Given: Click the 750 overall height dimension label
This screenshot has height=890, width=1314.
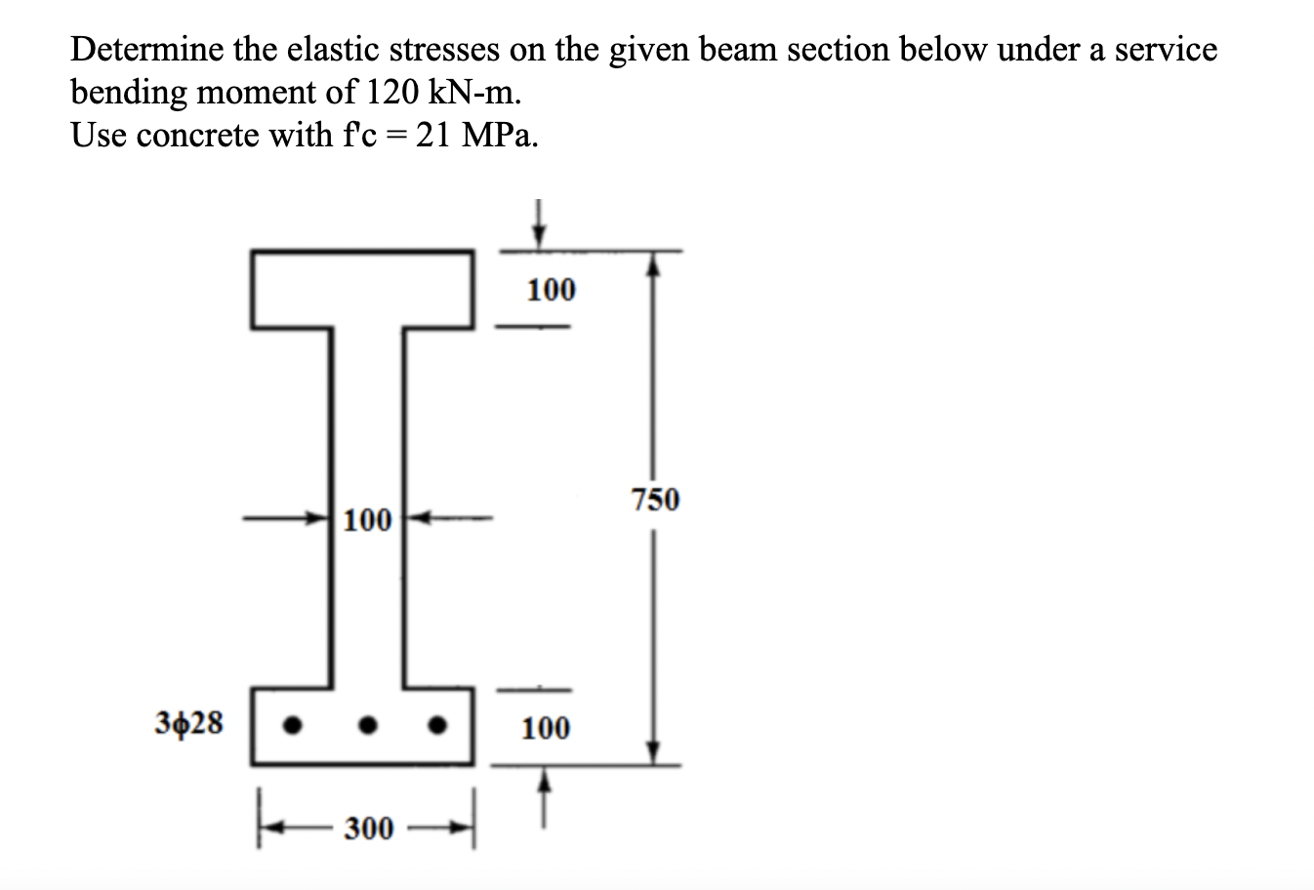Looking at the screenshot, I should pyautogui.click(x=655, y=500).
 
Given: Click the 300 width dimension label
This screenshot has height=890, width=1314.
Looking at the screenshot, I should pyautogui.click(x=369, y=829).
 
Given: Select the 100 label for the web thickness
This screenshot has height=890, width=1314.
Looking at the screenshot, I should pyautogui.click(x=368, y=519).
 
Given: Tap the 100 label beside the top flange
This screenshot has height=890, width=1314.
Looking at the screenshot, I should pyautogui.click(x=552, y=289).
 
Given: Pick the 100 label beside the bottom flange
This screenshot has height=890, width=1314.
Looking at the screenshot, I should pyautogui.click(x=546, y=727).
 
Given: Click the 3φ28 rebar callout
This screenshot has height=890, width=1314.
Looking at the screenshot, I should pyautogui.click(x=189, y=723).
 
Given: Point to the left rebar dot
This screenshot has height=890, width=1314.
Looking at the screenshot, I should pyautogui.click(x=289, y=726).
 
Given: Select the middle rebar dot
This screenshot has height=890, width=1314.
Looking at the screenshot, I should pyautogui.click(x=366, y=726).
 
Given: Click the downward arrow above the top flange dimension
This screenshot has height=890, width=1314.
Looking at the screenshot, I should pyautogui.click(x=536, y=224).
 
